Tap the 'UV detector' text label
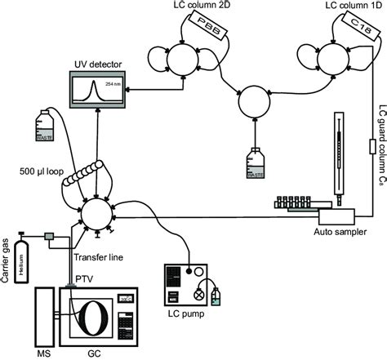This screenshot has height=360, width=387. click(96, 64)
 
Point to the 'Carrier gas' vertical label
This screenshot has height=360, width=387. click(9, 248)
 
